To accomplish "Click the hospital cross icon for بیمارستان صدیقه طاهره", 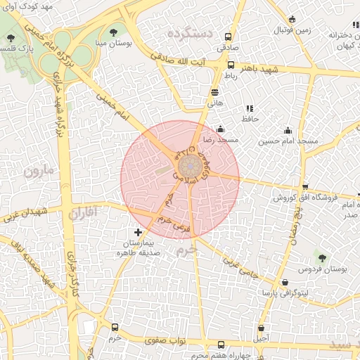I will pos(138,232).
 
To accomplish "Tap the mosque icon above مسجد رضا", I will pos(221,129).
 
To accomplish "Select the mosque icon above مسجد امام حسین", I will pos(288,130).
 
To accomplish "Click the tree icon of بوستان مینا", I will pos(114,32).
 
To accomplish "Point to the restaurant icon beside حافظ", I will pos(249,109).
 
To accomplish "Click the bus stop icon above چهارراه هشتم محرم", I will pos(222,345).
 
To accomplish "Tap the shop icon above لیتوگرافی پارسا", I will pos(285,282).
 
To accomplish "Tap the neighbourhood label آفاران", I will pos(83,212).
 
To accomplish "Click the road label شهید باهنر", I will pos(259,70).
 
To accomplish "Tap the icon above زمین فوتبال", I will pos(292,19).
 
